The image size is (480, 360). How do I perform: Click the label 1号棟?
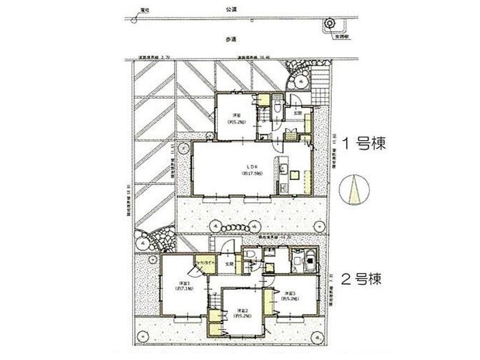(363, 143)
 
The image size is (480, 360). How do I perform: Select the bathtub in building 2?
(303, 260)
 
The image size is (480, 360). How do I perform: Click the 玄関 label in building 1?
(298, 113)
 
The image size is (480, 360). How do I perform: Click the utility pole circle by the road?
(134, 20)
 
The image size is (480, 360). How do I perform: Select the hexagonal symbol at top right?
(329, 23)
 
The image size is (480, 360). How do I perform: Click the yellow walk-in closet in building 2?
(206, 263)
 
